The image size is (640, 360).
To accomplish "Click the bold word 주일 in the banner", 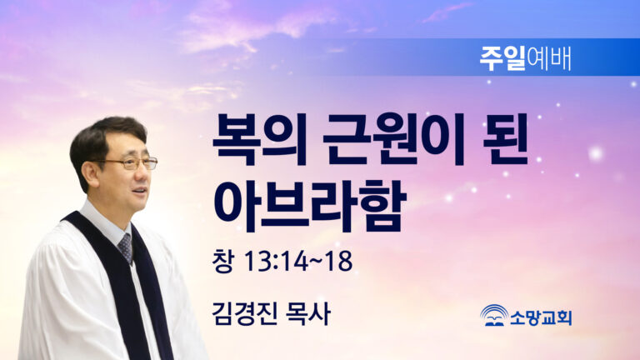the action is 502,59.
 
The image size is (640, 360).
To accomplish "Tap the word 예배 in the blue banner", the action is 548,59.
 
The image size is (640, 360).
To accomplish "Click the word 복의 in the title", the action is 259,140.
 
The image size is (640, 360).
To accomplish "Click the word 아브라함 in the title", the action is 309,205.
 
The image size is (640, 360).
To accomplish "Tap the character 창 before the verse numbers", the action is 222,261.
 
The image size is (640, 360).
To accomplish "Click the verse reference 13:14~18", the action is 298,261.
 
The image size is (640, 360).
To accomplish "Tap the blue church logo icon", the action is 494,316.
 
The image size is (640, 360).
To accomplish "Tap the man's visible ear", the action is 90,173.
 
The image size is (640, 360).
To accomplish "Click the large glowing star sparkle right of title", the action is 596,154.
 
